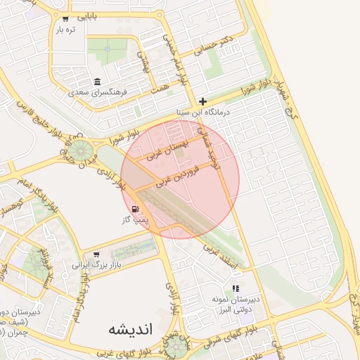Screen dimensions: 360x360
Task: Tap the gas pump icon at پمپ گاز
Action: point(134,209)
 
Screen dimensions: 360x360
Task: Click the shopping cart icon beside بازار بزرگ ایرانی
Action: point(96,255)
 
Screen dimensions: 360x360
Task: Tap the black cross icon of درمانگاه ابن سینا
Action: point(202,101)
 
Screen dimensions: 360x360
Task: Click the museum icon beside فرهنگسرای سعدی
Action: point(97,81)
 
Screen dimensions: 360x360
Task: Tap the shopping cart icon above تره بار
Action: point(65,19)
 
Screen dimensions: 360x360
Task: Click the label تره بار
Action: point(66,30)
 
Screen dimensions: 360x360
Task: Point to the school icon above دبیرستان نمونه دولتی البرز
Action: point(236,288)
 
